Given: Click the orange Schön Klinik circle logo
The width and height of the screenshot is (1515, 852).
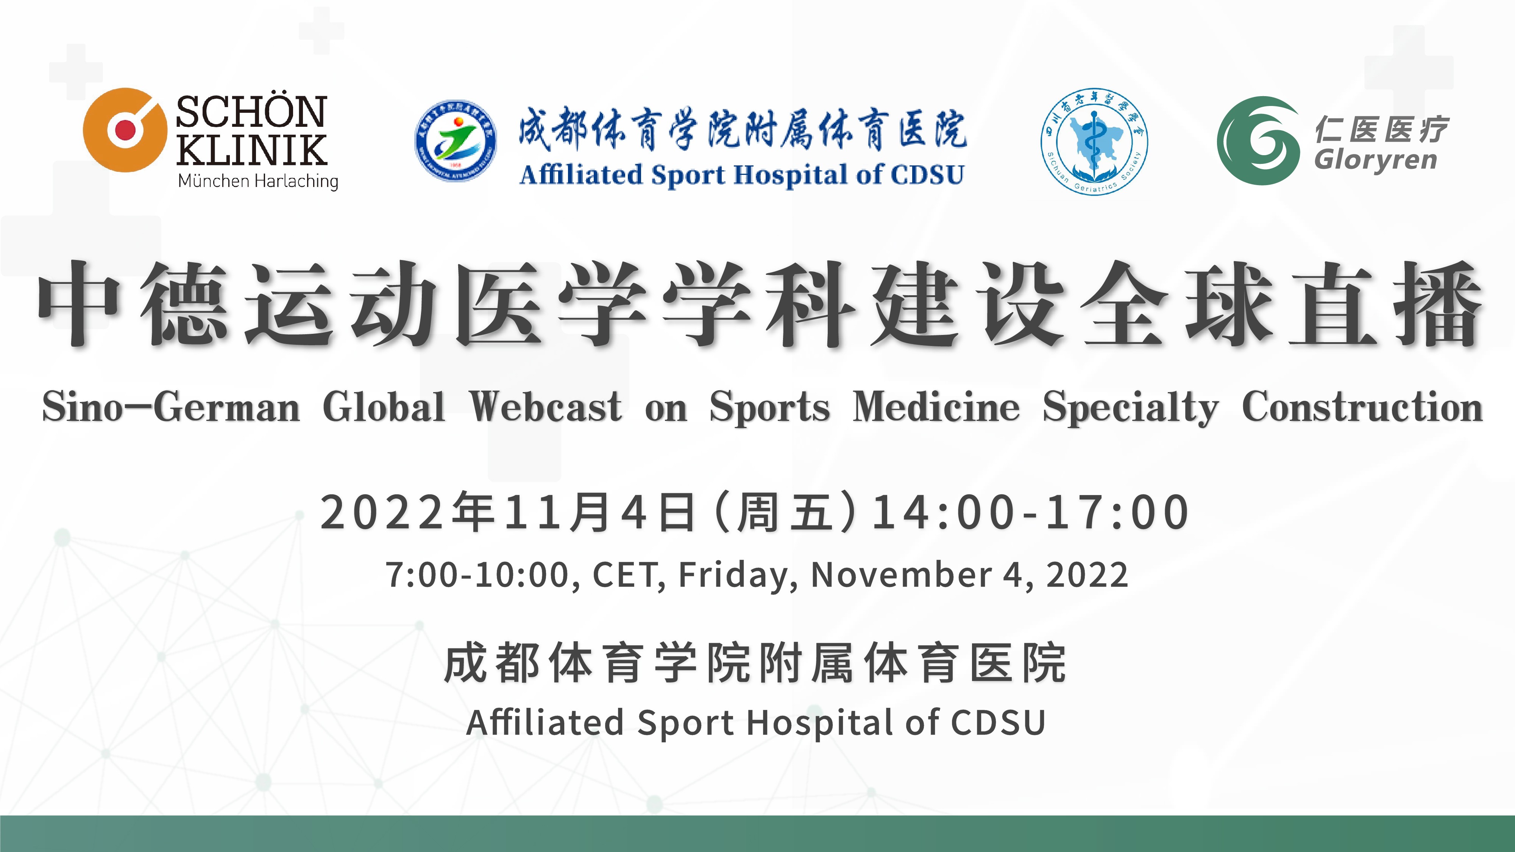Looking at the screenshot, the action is point(125,130).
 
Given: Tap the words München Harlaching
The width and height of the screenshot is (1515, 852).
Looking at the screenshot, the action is point(258,181).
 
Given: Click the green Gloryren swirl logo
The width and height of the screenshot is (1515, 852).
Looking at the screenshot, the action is point(1258,141).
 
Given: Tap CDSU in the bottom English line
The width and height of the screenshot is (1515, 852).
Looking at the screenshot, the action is point(998,723).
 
